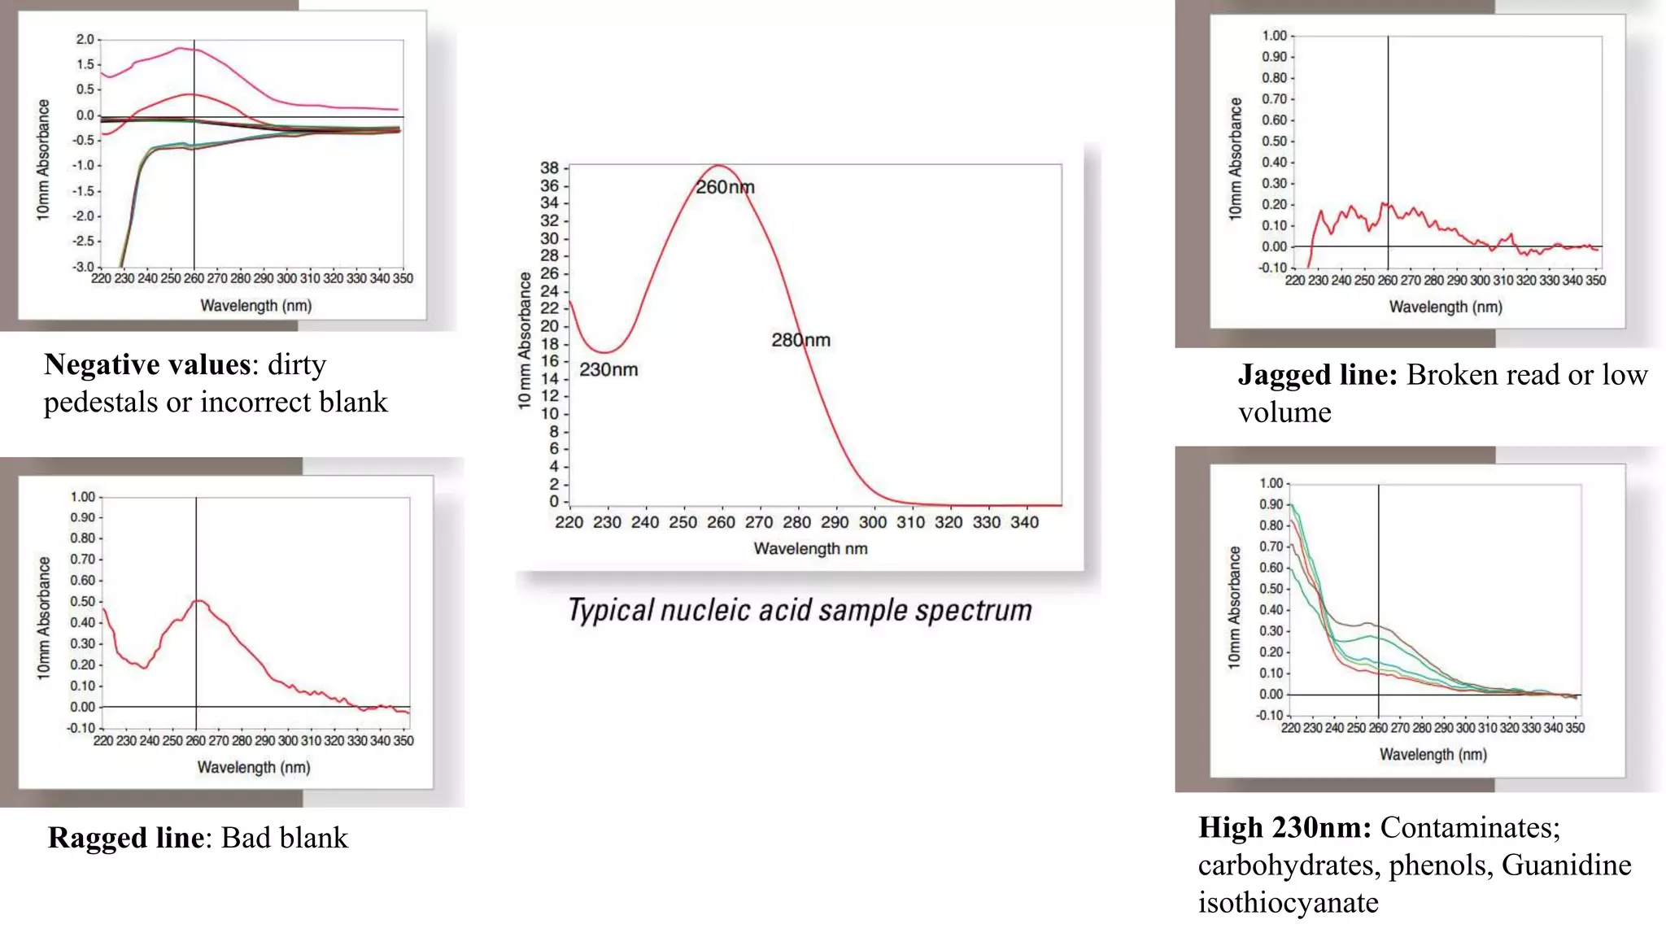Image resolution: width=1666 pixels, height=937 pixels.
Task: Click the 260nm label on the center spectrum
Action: pos(725,187)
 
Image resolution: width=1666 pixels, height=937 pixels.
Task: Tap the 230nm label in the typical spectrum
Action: pos(608,370)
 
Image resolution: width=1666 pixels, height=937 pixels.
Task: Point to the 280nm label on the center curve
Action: pos(800,340)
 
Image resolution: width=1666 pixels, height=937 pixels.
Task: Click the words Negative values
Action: pos(147,364)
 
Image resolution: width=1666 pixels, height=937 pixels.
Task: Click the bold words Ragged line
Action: pos(125,838)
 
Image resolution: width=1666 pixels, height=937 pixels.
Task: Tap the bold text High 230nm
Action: pos(1284,827)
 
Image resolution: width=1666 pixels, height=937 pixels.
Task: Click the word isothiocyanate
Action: pos(1288,902)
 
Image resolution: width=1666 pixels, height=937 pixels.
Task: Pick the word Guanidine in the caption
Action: pos(1566,865)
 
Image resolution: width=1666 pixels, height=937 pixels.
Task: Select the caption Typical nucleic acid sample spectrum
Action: pos(800,610)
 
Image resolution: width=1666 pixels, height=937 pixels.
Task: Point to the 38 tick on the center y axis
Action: pos(550,168)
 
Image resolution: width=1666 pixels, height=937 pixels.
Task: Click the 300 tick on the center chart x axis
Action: pos(872,522)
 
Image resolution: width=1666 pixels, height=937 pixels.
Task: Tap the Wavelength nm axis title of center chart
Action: pos(810,549)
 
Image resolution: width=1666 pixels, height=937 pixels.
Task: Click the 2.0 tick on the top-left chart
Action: pos(85,39)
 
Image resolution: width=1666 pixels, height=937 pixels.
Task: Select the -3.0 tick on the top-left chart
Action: pos(83,267)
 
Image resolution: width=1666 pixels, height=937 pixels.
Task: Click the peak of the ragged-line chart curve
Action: pos(198,600)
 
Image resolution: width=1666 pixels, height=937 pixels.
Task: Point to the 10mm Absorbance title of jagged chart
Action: pos(1235,159)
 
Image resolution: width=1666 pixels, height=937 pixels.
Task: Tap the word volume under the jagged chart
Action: pos(1284,412)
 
